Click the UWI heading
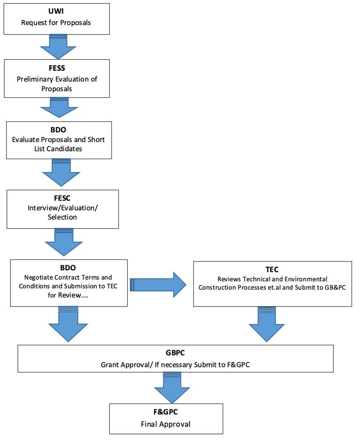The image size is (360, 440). (x=56, y=11)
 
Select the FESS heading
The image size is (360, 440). (x=57, y=68)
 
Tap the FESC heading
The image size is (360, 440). (x=62, y=199)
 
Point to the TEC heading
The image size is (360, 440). (x=272, y=270)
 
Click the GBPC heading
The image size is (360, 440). (x=175, y=353)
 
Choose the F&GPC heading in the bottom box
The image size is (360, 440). (x=166, y=412)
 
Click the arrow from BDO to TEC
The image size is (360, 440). (x=158, y=285)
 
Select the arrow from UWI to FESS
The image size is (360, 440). (x=58, y=46)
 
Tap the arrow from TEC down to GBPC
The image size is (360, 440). (x=267, y=324)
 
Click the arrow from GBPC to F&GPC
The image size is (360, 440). (x=172, y=388)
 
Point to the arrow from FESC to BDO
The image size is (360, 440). (x=64, y=242)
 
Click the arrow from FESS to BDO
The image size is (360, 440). (x=59, y=107)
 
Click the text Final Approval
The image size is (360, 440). (x=166, y=424)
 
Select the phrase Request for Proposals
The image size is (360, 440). (x=56, y=23)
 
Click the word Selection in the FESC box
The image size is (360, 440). (x=62, y=217)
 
